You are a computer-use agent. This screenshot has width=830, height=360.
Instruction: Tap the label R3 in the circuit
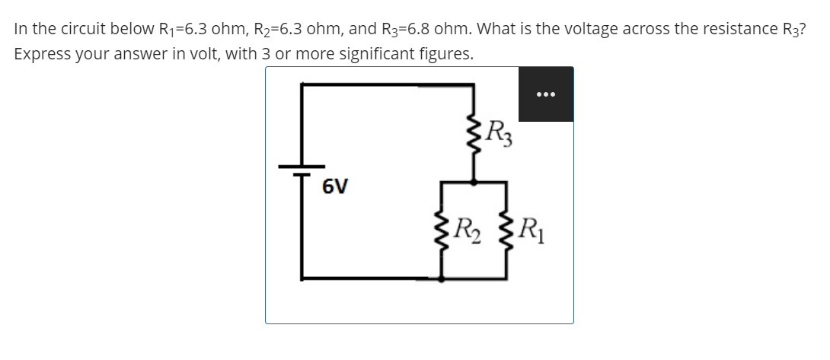tap(500, 135)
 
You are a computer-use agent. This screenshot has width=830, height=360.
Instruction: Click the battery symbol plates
tap(302, 168)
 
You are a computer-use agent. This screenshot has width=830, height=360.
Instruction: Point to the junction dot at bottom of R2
tap(442, 279)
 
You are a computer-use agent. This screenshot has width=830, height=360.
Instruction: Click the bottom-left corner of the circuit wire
tap(302, 279)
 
